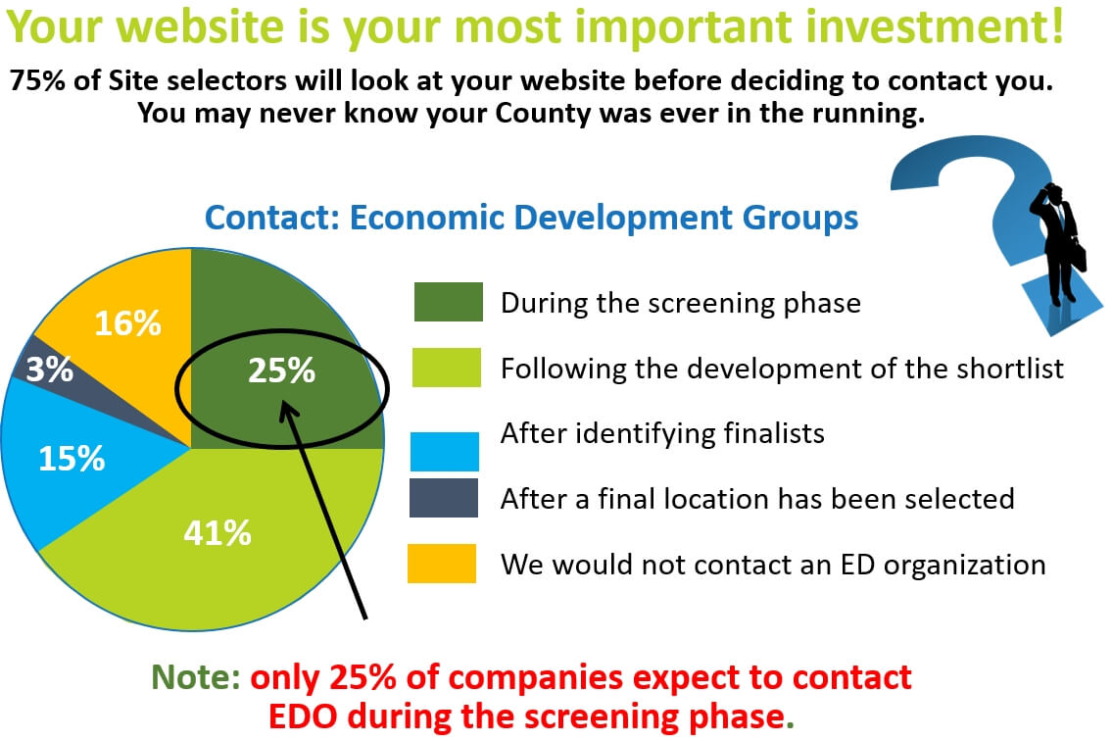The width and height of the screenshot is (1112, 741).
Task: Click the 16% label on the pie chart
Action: (x=127, y=323)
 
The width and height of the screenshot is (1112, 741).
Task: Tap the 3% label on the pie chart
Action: (x=50, y=370)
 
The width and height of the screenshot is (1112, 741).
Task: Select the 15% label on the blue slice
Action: (x=72, y=459)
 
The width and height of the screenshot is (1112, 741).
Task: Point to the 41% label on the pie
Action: (x=217, y=533)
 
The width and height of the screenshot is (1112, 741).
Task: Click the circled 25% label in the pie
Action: (x=281, y=370)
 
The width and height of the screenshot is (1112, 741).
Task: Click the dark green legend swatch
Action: (x=448, y=302)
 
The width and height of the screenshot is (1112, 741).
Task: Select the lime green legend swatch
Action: (x=447, y=367)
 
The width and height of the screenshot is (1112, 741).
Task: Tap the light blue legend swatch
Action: (x=445, y=452)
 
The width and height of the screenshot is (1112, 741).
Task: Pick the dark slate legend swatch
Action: (x=444, y=498)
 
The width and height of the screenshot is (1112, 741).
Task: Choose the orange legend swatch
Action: (x=442, y=564)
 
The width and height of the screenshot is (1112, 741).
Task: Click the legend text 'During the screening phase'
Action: (x=681, y=304)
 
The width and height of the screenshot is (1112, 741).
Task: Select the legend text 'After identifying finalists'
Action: (x=662, y=433)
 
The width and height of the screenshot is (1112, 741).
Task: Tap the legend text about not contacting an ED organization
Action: (x=773, y=565)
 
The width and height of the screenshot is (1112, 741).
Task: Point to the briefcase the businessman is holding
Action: (x=1079, y=258)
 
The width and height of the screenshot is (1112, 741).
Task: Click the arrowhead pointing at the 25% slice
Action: (x=286, y=411)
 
